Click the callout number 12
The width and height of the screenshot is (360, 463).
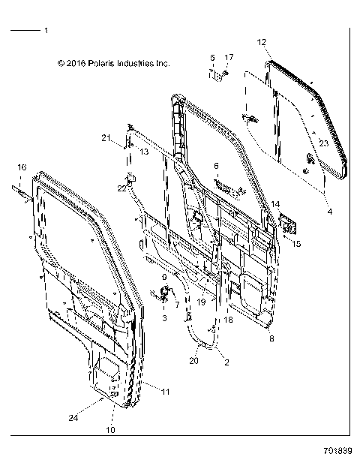[x=261, y=42]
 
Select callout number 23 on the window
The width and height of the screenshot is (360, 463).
[x=323, y=142]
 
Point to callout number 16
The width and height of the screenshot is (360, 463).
[x=22, y=167]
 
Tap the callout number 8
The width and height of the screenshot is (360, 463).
[x=271, y=339]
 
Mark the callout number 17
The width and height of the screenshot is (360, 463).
[x=229, y=57]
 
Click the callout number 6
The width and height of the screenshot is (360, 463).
[x=216, y=166]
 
